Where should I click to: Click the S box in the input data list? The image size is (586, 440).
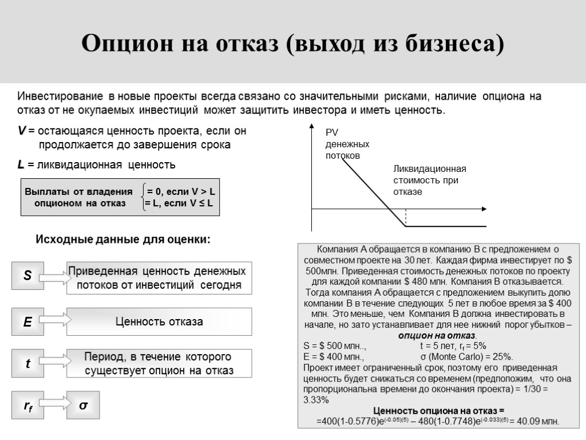[27, 276]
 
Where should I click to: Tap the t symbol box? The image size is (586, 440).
[27, 363]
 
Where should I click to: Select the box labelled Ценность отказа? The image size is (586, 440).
[159, 322]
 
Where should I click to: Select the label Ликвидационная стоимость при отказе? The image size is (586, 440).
[430, 180]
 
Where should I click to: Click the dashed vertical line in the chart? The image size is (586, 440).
[406, 218]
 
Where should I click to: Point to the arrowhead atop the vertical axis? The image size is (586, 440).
[311, 126]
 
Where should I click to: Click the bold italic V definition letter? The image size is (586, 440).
[22, 131]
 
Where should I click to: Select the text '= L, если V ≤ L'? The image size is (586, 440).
[179, 203]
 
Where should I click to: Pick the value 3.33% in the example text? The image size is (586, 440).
[315, 400]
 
